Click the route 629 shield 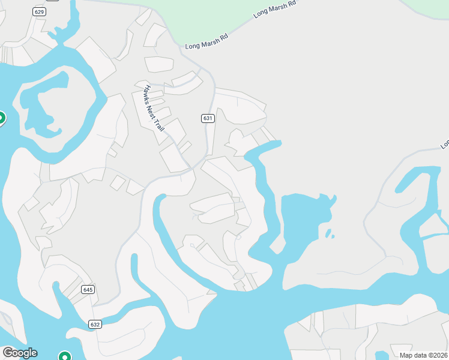tap(40, 11)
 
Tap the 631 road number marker tap(208, 118)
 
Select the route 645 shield tap(88, 289)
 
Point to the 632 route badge tap(95, 324)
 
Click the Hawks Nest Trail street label tap(154, 108)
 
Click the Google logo tap(19, 353)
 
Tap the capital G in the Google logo tap(8, 353)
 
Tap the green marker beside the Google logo tap(65, 356)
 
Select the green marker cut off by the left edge tap(1, 118)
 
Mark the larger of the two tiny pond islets tap(328, 233)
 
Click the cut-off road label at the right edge tap(445, 144)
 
